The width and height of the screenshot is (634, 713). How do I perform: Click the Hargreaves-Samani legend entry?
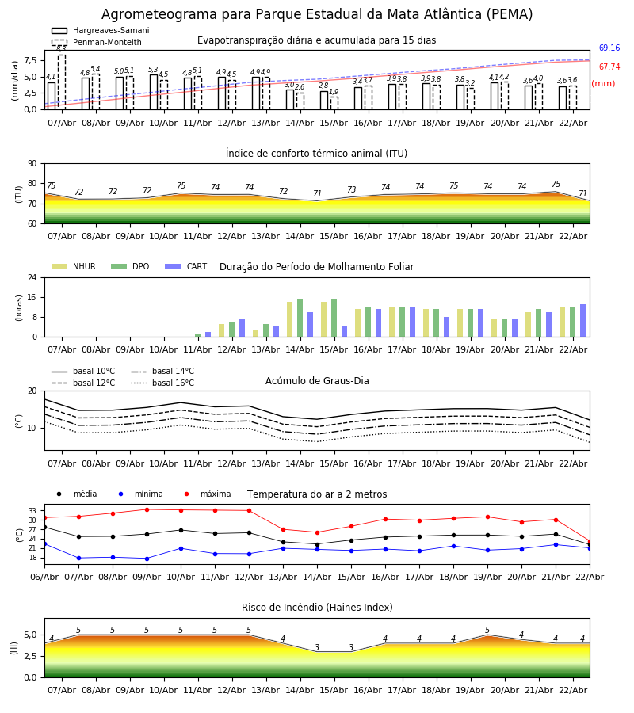100,30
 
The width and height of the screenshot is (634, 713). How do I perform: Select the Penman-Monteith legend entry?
97,42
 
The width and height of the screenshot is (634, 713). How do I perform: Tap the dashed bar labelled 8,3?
62,82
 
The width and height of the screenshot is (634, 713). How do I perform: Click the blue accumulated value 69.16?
609,48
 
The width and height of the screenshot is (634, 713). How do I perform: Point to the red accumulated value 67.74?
609,67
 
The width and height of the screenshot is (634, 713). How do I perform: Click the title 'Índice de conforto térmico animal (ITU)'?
316,153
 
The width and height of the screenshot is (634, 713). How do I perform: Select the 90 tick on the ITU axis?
32,164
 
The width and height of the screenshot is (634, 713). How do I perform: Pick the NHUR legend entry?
74,266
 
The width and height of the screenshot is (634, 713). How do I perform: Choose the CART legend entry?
186,266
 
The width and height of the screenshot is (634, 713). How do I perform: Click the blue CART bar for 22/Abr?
582,321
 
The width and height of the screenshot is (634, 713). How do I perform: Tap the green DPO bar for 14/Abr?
300,318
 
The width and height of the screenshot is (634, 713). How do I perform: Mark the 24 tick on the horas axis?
32,277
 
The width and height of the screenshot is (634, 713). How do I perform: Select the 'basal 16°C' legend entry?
162,383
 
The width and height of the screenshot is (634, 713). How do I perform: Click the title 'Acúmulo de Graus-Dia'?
317,380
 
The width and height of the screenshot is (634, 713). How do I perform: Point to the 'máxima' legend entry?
204,494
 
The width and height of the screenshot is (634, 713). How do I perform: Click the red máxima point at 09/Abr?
147,509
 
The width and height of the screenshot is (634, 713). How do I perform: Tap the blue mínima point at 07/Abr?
78,558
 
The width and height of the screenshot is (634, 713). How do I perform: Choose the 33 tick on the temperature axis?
32,511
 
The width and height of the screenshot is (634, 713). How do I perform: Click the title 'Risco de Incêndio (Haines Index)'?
317,607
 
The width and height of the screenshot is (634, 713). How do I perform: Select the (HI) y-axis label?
14,648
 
